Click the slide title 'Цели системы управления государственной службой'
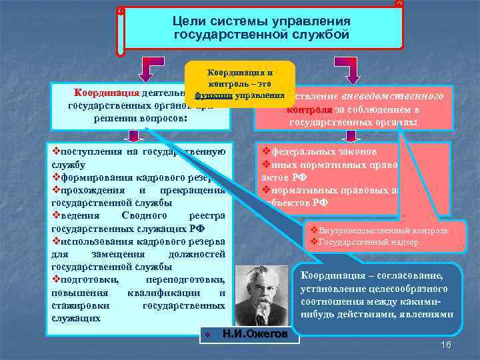pyautogui.click(x=261, y=27)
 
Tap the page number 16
pyautogui.click(x=447, y=345)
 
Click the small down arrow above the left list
pyautogui.click(x=135, y=135)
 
